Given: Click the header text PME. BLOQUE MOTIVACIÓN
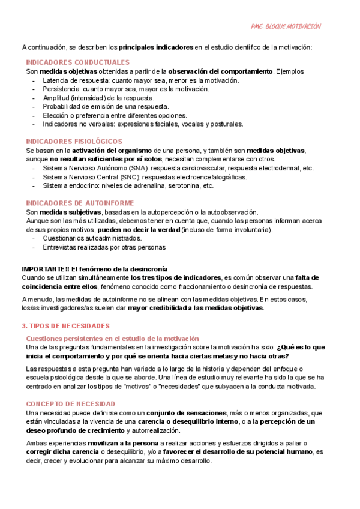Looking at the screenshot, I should [x=285, y=26].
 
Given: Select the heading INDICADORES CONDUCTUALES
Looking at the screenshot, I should [x=77, y=62].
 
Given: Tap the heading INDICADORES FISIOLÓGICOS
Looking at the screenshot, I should [x=74, y=141].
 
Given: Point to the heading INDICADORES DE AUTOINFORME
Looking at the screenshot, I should [x=80, y=203].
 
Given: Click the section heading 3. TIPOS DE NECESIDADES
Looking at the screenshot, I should [x=65, y=326].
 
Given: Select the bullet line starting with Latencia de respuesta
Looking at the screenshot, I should [x=132, y=80].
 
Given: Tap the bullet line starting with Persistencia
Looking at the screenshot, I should [x=126, y=89].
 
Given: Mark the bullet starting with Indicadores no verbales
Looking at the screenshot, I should [x=143, y=124].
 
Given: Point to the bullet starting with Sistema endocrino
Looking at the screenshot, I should [x=128, y=186].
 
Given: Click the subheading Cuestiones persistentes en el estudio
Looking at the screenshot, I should [x=112, y=339].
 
